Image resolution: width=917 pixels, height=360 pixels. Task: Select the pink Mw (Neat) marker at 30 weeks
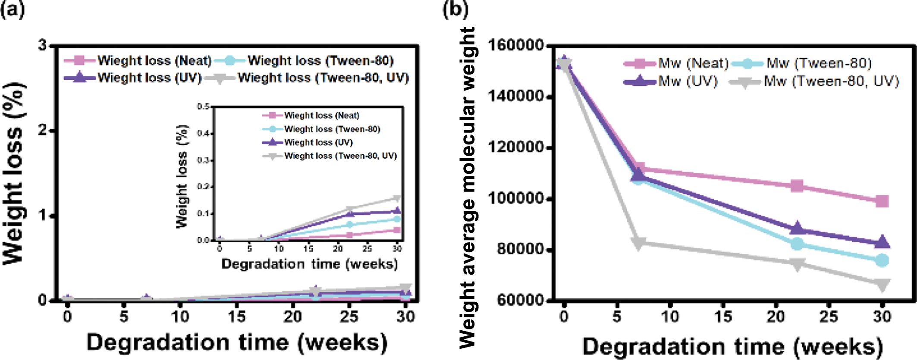(x=882, y=201)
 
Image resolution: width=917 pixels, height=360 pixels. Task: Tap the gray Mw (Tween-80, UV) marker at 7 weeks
(x=638, y=242)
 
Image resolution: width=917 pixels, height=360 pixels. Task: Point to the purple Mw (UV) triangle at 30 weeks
(x=882, y=242)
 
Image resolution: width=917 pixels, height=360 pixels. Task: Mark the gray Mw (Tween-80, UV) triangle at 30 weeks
(x=882, y=285)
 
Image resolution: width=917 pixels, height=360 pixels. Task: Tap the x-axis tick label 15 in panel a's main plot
(x=236, y=317)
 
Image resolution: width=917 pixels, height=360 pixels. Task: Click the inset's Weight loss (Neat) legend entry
(x=321, y=116)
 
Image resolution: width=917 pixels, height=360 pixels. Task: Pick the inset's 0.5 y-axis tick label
(x=203, y=107)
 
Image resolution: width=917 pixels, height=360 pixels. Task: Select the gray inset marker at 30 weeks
(x=397, y=198)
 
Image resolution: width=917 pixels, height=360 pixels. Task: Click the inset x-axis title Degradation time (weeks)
(x=310, y=264)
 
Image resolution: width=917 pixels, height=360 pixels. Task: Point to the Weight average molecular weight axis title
(x=467, y=188)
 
